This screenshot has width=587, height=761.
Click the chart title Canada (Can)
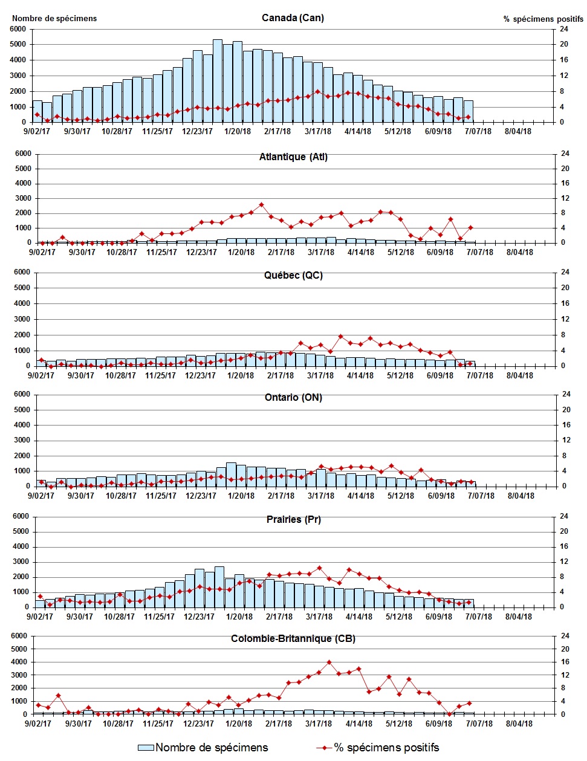(x=293, y=18)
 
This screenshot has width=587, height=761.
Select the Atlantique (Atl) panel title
(x=293, y=157)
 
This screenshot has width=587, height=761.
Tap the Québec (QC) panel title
(x=293, y=276)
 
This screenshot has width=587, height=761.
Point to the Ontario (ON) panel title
(x=293, y=398)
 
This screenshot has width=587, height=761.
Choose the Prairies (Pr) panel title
(x=293, y=520)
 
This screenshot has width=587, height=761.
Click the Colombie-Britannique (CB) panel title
(x=293, y=639)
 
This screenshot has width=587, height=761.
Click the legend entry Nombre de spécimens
(x=203, y=748)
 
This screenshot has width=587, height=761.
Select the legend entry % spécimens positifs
(x=378, y=748)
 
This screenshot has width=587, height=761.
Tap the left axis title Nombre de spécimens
(x=54, y=18)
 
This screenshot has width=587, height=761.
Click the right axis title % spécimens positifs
(x=543, y=19)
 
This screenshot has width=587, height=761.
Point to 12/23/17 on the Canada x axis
(x=198, y=132)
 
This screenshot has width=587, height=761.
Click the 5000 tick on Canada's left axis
(x=18, y=44)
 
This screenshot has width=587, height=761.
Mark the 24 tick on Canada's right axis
(x=563, y=29)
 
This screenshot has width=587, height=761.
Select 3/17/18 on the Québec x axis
(x=320, y=375)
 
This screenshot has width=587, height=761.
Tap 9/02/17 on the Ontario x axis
(x=41, y=496)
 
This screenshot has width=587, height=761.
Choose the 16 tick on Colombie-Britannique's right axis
(x=565, y=662)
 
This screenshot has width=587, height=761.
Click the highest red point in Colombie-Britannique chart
(x=329, y=662)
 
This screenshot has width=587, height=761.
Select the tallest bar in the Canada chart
(x=218, y=81)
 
